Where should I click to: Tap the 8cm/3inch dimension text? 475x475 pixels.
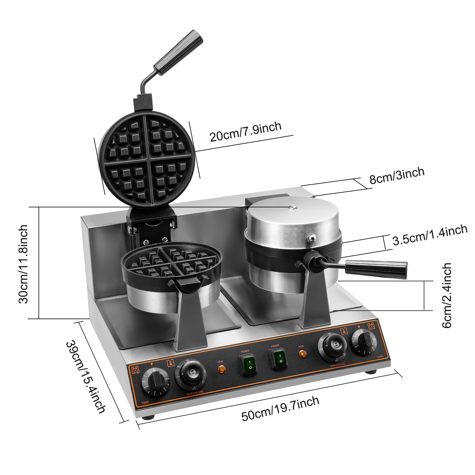397,175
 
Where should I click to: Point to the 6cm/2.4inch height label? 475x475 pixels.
447,295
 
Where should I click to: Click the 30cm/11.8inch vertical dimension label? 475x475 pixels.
23,264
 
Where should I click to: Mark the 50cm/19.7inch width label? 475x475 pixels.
280,408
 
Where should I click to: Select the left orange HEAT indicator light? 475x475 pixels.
221,369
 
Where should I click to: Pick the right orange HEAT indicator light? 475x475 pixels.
302,354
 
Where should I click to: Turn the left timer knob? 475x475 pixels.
155,381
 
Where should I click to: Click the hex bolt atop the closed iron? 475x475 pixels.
293,207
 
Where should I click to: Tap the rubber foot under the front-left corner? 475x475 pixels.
148,417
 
